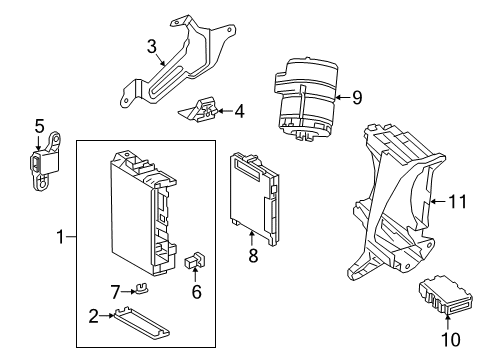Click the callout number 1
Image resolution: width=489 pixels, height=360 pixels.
click(x=62, y=237)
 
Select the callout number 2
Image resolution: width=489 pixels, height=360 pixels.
click(x=93, y=316)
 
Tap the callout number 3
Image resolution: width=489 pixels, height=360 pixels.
click(x=152, y=46)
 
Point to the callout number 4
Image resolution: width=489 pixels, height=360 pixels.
click(x=239, y=112)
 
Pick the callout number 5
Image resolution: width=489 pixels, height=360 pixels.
click(x=40, y=126)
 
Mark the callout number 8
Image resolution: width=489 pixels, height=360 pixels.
click(x=253, y=255)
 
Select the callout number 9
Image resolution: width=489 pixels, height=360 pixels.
click(x=356, y=97)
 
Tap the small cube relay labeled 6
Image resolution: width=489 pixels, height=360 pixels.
click(x=192, y=263)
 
